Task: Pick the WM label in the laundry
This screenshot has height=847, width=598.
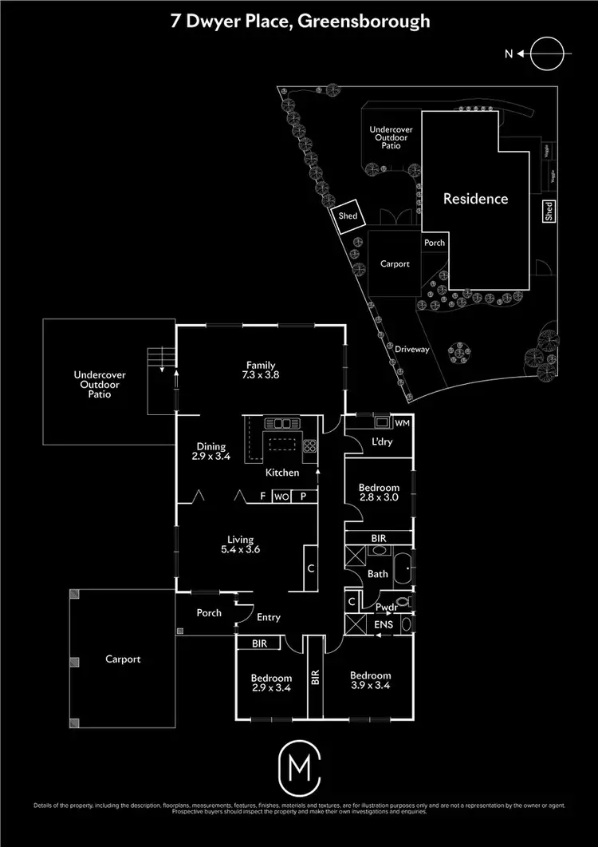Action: (x=402, y=422)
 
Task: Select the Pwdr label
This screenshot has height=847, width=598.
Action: (x=385, y=607)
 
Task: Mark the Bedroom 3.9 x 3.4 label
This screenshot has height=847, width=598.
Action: (x=371, y=680)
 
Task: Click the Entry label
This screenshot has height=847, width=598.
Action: (x=268, y=617)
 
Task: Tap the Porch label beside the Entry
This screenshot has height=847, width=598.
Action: (x=209, y=613)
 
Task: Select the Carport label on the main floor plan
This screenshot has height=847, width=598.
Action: (x=123, y=659)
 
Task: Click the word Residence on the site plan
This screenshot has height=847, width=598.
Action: (x=475, y=199)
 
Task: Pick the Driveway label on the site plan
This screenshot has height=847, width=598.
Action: (x=412, y=350)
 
